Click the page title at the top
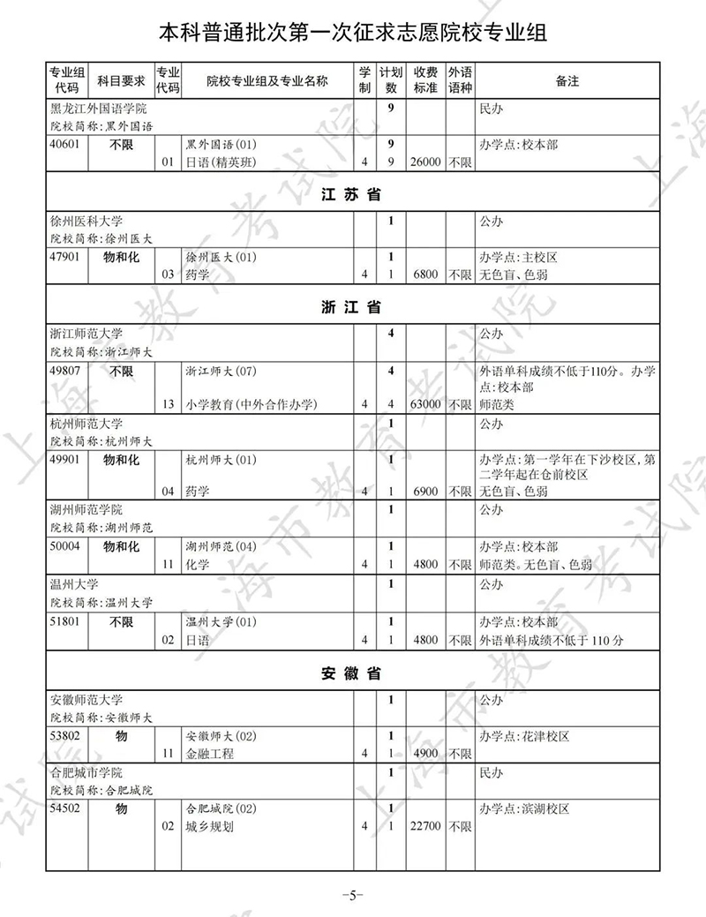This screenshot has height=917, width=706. tap(352, 34)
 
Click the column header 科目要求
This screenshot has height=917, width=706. tap(120, 81)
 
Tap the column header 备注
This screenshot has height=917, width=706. tap(567, 81)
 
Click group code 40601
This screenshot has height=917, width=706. tap(66, 145)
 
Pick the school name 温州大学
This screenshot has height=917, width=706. tap(74, 584)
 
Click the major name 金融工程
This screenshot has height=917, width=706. tap(210, 754)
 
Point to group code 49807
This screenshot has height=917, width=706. tap(66, 371)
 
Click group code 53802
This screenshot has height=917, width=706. tap(66, 735)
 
